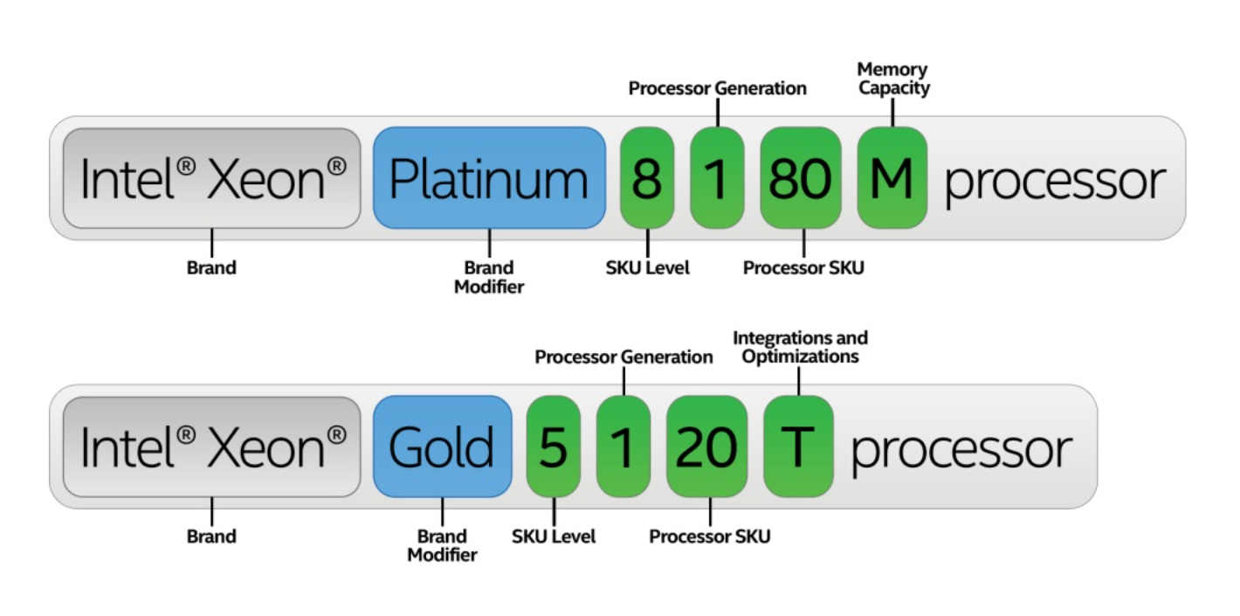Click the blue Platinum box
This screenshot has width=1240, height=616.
tap(489, 178)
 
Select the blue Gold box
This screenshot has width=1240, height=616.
tap(442, 446)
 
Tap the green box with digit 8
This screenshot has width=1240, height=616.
tap(647, 178)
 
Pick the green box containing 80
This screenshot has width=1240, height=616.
tap(800, 178)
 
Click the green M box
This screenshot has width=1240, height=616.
tap(892, 178)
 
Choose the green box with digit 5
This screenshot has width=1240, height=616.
tap(553, 446)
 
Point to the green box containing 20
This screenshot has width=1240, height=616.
tap(706, 446)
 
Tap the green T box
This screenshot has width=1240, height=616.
tap(798, 446)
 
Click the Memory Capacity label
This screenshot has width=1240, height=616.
tap(892, 79)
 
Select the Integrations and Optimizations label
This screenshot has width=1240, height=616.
tap(800, 347)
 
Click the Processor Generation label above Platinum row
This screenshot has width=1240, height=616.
tap(718, 88)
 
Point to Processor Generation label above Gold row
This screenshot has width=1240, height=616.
tap(623, 356)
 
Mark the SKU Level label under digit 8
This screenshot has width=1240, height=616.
tap(647, 268)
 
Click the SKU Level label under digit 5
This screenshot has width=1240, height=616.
tap(554, 536)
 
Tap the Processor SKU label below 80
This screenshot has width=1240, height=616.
tap(803, 268)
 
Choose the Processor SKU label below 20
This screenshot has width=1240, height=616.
tap(710, 536)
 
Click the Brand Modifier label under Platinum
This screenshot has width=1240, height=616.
tap(489, 277)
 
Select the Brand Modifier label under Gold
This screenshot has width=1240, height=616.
tap(442, 545)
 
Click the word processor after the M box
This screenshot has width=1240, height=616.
tap(1055, 182)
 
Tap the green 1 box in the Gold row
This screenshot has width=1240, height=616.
tap(623, 446)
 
